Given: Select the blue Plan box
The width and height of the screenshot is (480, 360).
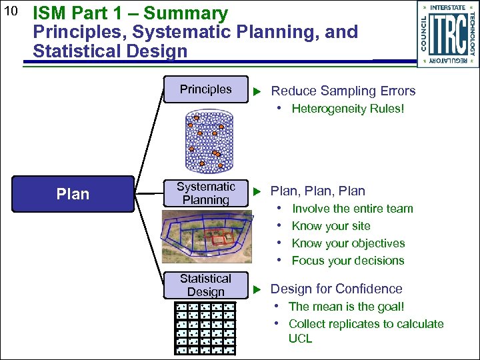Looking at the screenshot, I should pyautogui.click(x=73, y=194).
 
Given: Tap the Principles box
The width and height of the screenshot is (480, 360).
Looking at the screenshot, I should pyautogui.click(x=206, y=89).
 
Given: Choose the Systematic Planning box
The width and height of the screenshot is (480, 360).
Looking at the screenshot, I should pyautogui.click(x=206, y=193).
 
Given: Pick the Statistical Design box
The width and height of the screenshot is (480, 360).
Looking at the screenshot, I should pyautogui.click(x=205, y=285).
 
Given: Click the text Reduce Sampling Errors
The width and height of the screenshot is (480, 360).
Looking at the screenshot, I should pyautogui.click(x=343, y=91).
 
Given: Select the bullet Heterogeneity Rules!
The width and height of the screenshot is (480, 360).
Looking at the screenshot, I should pyautogui.click(x=347, y=109).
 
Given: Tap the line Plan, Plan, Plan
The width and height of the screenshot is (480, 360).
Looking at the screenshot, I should pyautogui.click(x=318, y=191).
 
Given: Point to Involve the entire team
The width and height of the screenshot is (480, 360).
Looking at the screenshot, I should pyautogui.click(x=352, y=209).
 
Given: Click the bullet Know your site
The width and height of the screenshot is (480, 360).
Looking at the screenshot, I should pyautogui.click(x=331, y=226).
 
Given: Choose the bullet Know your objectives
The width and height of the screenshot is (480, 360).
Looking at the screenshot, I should pyautogui.click(x=348, y=243).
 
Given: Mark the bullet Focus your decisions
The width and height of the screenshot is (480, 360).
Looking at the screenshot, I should pyautogui.click(x=347, y=261).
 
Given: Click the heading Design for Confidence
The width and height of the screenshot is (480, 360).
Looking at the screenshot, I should pyautogui.click(x=336, y=289).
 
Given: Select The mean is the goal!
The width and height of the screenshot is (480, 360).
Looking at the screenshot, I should pyautogui.click(x=346, y=307).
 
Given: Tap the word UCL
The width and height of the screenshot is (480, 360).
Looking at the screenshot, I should pyautogui.click(x=300, y=339).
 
